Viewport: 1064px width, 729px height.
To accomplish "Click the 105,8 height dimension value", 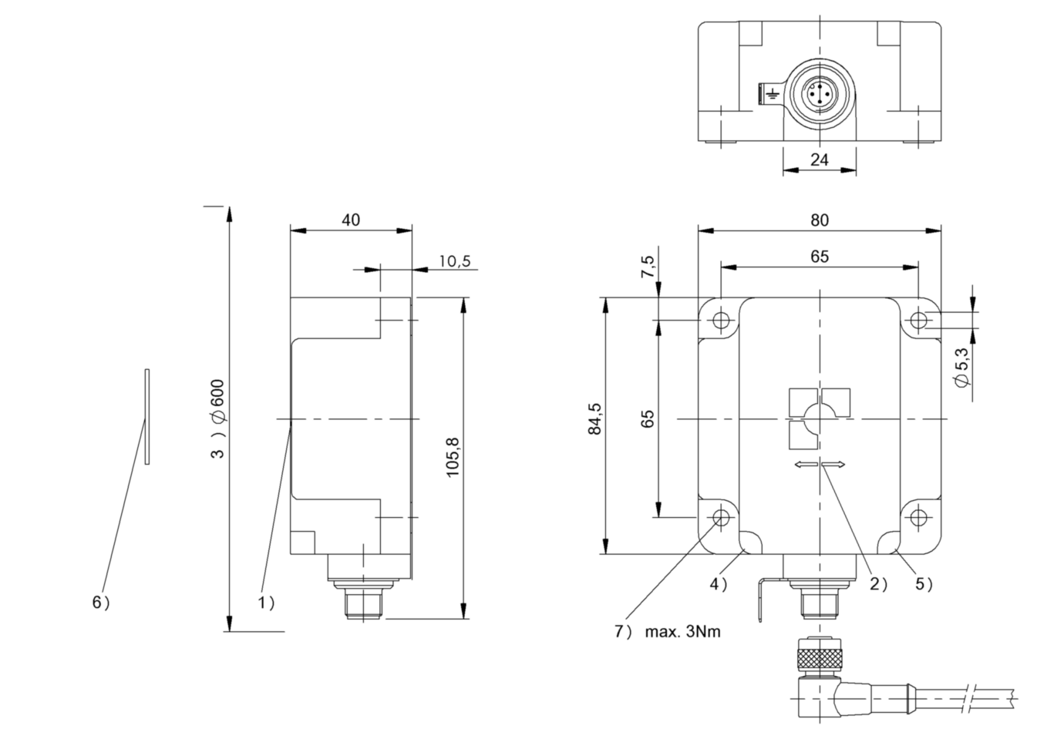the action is [x=453, y=457].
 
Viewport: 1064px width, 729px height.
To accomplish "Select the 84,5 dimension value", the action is [x=594, y=418].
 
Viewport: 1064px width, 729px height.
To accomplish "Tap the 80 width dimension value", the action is [x=820, y=220].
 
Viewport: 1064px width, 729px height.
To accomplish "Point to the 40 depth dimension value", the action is [x=351, y=220].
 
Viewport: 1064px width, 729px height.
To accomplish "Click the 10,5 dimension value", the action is [x=454, y=261].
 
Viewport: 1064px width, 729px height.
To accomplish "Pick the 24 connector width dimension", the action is [x=820, y=160].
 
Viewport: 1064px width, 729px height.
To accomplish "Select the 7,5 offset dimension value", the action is [x=648, y=267].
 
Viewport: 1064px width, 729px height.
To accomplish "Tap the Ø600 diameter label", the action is [x=218, y=401].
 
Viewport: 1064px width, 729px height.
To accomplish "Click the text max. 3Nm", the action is [x=682, y=632].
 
